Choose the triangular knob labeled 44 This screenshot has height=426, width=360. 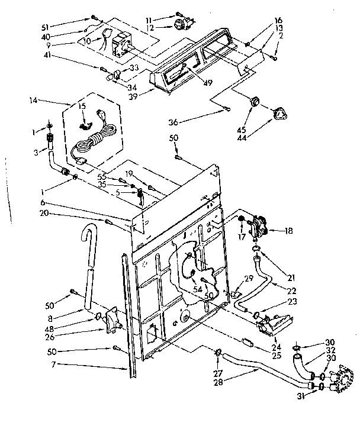pos(279,112)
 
